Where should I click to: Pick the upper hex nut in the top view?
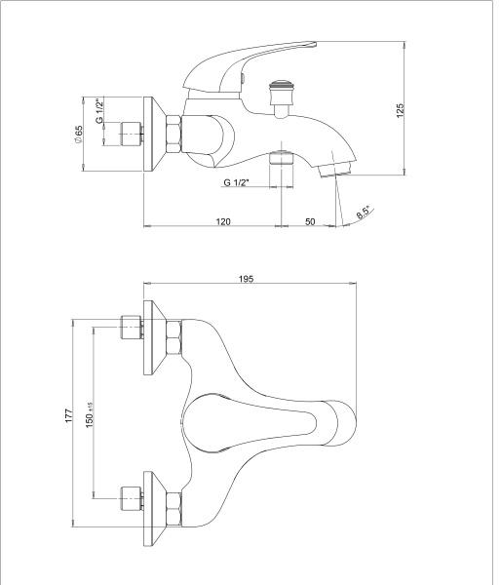pyautogui.click(x=173, y=337)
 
